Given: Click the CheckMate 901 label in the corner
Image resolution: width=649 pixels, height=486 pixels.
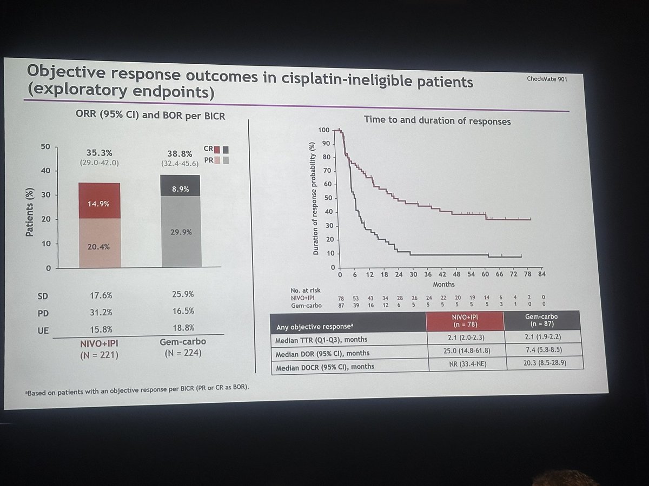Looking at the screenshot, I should [x=546, y=79].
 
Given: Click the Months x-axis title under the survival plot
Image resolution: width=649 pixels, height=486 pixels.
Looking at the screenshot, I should [x=443, y=284].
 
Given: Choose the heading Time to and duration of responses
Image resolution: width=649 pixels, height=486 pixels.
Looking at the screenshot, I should [x=437, y=122].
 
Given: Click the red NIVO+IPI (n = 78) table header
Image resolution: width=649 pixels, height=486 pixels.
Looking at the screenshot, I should [x=465, y=321].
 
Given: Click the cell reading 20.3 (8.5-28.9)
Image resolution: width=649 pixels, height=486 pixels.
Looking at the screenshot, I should [x=544, y=364].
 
